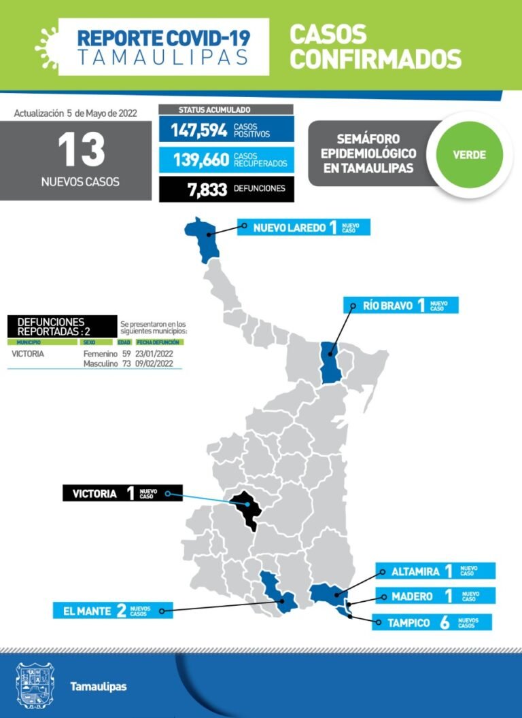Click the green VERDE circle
469,154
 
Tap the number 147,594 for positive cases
198,130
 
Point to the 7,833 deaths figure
207,190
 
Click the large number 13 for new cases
81,149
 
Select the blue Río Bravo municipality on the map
331,362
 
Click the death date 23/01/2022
154,354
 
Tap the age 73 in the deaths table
126,364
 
